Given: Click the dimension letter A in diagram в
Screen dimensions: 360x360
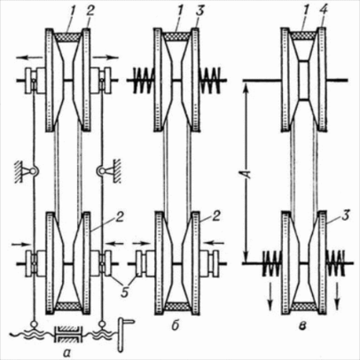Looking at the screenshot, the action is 248,170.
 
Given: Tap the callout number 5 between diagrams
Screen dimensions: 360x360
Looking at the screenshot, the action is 125,291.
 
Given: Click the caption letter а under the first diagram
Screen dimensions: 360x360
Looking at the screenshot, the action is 67,351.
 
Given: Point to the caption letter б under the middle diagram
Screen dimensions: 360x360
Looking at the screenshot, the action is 176,326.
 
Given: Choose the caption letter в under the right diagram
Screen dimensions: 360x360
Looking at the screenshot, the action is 302,326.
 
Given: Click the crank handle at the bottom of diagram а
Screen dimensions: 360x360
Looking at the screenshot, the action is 124,335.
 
